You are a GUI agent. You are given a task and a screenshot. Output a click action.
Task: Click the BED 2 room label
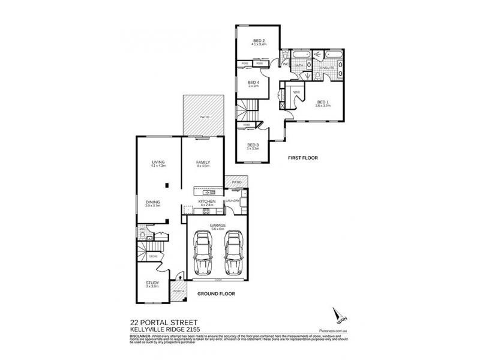pos(259,40)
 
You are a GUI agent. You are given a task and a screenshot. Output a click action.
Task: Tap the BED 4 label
pos(253,82)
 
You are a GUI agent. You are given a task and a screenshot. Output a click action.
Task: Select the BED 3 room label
pos(253,144)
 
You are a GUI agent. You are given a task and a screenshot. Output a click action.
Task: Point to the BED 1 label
pos(323,101)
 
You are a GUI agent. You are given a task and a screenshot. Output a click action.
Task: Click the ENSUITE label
pos(327,68)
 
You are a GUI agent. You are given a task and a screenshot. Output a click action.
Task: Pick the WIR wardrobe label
pos(296,92)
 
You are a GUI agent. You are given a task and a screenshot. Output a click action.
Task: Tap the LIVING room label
pos(158,162)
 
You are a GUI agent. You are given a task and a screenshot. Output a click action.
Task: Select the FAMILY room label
pos(203,162)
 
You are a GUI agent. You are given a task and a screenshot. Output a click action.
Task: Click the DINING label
pos(152,202)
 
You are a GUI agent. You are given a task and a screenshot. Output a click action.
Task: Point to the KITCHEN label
pos(207,202)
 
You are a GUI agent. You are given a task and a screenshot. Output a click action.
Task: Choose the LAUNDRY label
pos(233,200)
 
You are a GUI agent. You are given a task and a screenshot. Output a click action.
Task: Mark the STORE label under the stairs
pos(153,256)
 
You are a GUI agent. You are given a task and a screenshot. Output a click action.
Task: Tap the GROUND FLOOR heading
pos(215,294)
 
